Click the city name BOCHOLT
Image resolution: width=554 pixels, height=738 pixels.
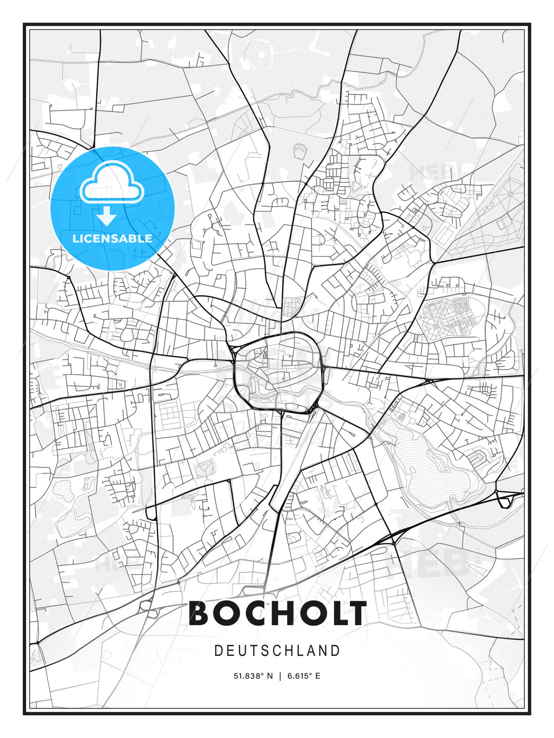pos(278,613)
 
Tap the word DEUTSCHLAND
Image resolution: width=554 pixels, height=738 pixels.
pos(278,651)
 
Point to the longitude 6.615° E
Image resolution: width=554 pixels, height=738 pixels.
pos(304,676)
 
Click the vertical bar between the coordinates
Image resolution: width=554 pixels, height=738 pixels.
pos(280,676)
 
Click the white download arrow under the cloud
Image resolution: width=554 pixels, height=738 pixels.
pos(107,216)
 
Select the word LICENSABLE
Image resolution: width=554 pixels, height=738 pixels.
pos(112,238)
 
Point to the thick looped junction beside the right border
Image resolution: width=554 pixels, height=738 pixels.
pos(505,499)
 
